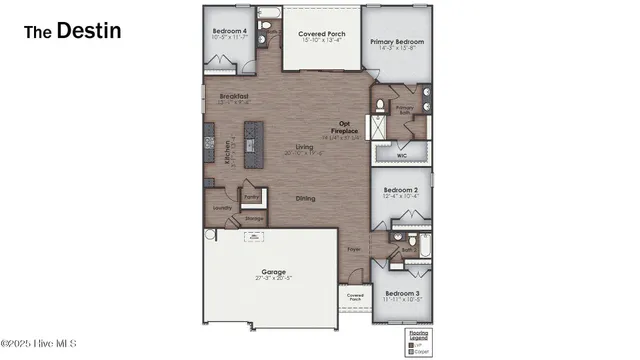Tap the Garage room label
(274, 272)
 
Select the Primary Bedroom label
(397, 42)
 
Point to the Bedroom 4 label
(229, 31)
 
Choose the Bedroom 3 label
(400, 294)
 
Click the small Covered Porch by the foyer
(355, 297)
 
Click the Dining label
(305, 198)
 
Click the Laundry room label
(222, 208)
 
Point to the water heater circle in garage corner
(209, 236)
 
